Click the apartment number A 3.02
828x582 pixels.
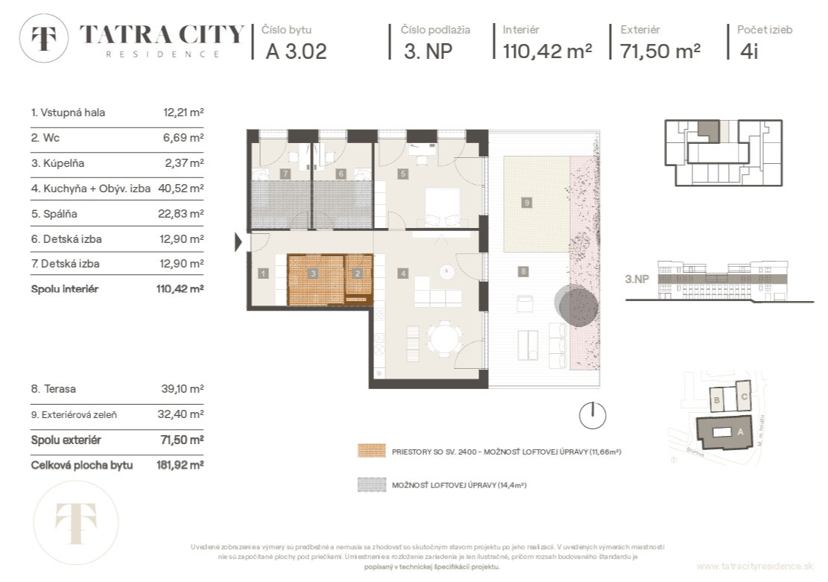click(x=296, y=51)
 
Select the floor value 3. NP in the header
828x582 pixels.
click(x=427, y=51)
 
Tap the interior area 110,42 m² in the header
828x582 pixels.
click(x=547, y=51)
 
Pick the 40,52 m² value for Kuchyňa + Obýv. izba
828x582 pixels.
click(x=181, y=189)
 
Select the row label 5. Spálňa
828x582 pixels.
click(x=54, y=214)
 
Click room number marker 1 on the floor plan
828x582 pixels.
click(x=263, y=274)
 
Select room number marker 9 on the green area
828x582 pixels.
click(x=526, y=202)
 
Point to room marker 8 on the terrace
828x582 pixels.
click(x=523, y=272)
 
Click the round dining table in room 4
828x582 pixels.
click(x=445, y=341)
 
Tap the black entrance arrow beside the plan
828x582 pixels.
click(x=238, y=241)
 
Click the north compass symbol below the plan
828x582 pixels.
click(x=592, y=414)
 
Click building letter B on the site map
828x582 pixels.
click(x=716, y=399)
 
